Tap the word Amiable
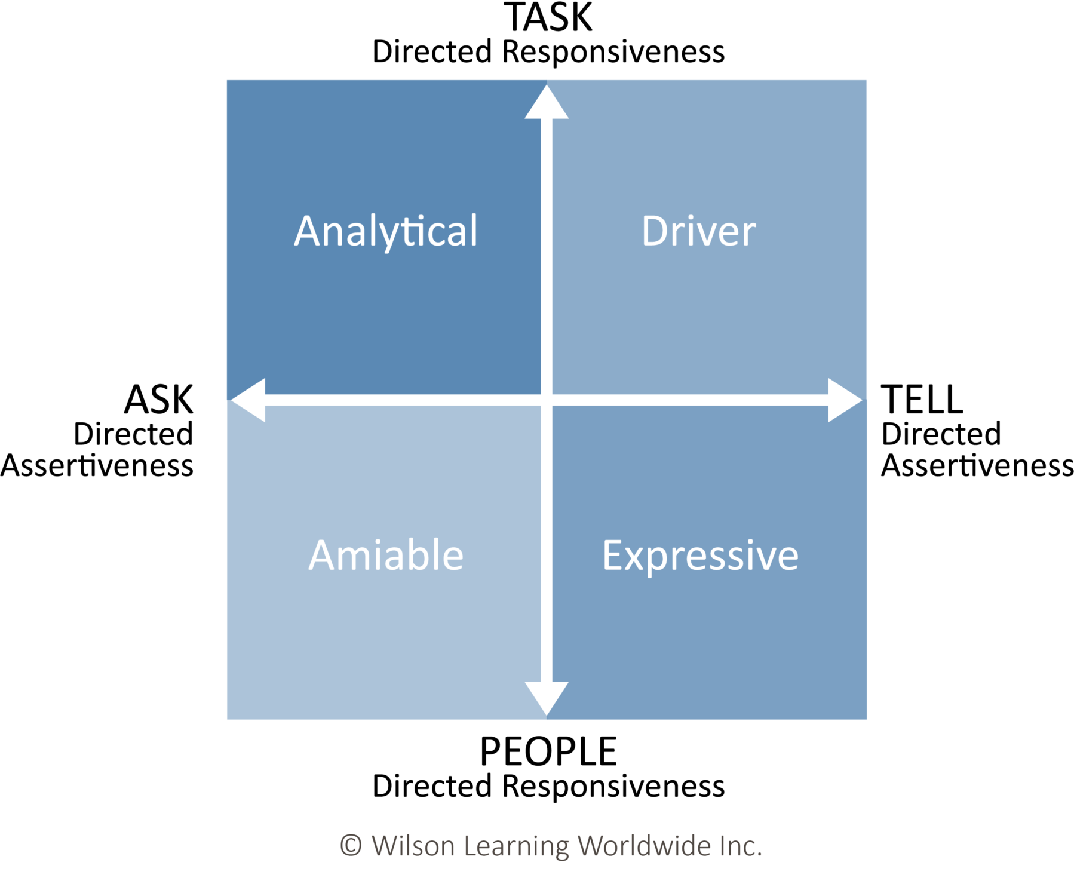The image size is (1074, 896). pos(386,555)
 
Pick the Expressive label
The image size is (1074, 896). pos(700,556)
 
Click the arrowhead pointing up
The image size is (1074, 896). pos(547,103)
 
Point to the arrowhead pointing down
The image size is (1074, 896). pos(547,697)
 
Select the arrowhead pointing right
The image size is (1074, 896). pos(844,400)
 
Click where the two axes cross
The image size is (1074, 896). pos(547,400)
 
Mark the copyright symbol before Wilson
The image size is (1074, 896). pos(351,846)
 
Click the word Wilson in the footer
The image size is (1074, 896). pos(413,846)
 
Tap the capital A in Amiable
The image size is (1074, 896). pos(323,555)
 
